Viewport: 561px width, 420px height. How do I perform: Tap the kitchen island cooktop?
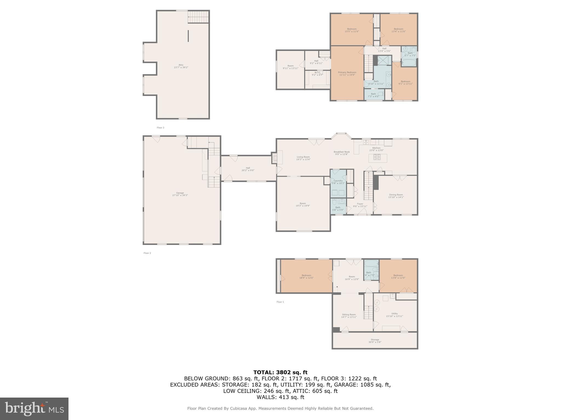[x=377, y=157]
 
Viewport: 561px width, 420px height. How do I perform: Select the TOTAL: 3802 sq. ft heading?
[x=280, y=372]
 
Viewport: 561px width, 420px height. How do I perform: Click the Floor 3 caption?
[x=160, y=128]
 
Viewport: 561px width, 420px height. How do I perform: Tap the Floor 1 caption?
[x=280, y=302]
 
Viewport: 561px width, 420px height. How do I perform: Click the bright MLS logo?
[x=34, y=409]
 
